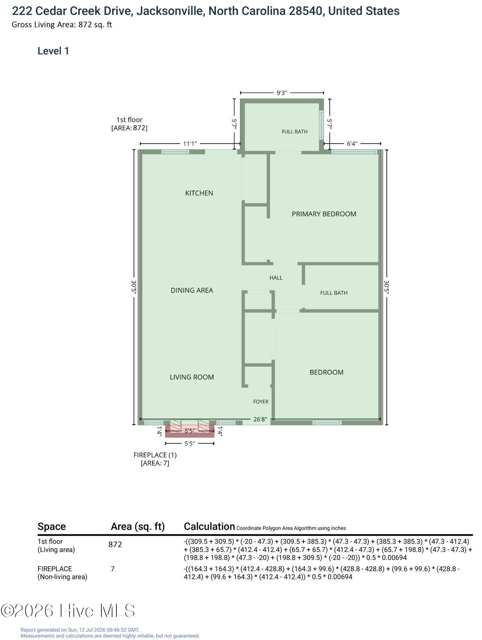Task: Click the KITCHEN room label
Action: pyautogui.click(x=199, y=193)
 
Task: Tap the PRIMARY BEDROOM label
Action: pyautogui.click(x=324, y=214)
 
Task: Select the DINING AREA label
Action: pyautogui.click(x=192, y=290)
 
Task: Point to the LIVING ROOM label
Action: pyautogui.click(x=192, y=377)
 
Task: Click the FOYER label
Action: pyautogui.click(x=261, y=402)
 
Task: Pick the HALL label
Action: pyautogui.click(x=276, y=278)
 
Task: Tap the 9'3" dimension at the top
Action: pyautogui.click(x=282, y=93)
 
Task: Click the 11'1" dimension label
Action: pyautogui.click(x=190, y=144)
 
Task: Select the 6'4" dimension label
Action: pyautogui.click(x=352, y=144)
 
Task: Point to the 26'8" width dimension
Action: pyautogui.click(x=260, y=419)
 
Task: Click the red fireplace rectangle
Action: pyautogui.click(x=190, y=431)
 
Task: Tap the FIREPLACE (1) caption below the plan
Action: pyautogui.click(x=155, y=455)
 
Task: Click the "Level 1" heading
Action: pyautogui.click(x=53, y=51)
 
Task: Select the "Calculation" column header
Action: pyautogui.click(x=209, y=526)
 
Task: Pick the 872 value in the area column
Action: pyautogui.click(x=115, y=544)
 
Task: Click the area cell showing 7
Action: pyautogui.click(x=113, y=569)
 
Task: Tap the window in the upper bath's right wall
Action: pyautogui.click(x=321, y=125)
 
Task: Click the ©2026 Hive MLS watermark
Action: pyautogui.click(x=68, y=611)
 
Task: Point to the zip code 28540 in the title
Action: pyautogui.click(x=305, y=11)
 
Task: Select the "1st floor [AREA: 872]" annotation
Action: pyautogui.click(x=129, y=124)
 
